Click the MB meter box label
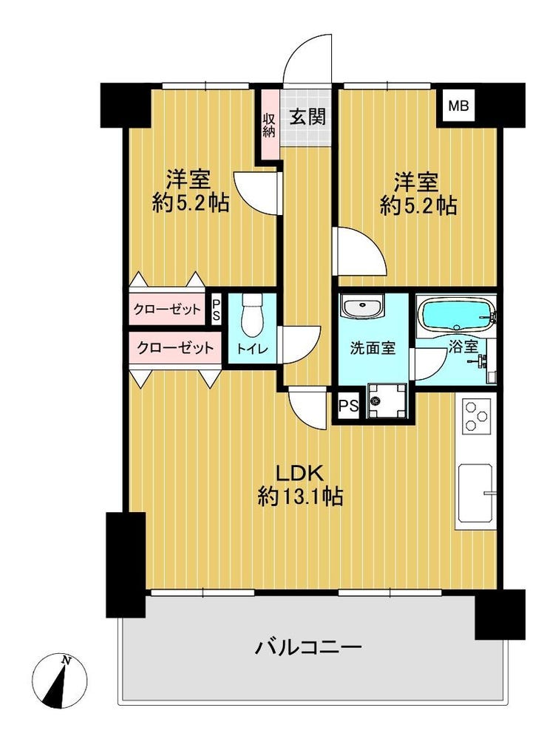[x=458, y=106]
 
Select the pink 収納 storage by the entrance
[x=269, y=126]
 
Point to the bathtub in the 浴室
[x=455, y=314]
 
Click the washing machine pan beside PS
[x=386, y=400]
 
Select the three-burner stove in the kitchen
[x=476, y=415]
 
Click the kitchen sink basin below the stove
[x=476, y=494]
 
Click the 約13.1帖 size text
[x=301, y=497]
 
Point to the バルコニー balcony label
[x=308, y=648]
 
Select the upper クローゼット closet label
[x=167, y=310]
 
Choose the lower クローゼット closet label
[x=175, y=347]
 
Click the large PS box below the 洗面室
[x=348, y=406]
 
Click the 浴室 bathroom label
[x=463, y=347]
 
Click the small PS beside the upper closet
[x=217, y=310]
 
